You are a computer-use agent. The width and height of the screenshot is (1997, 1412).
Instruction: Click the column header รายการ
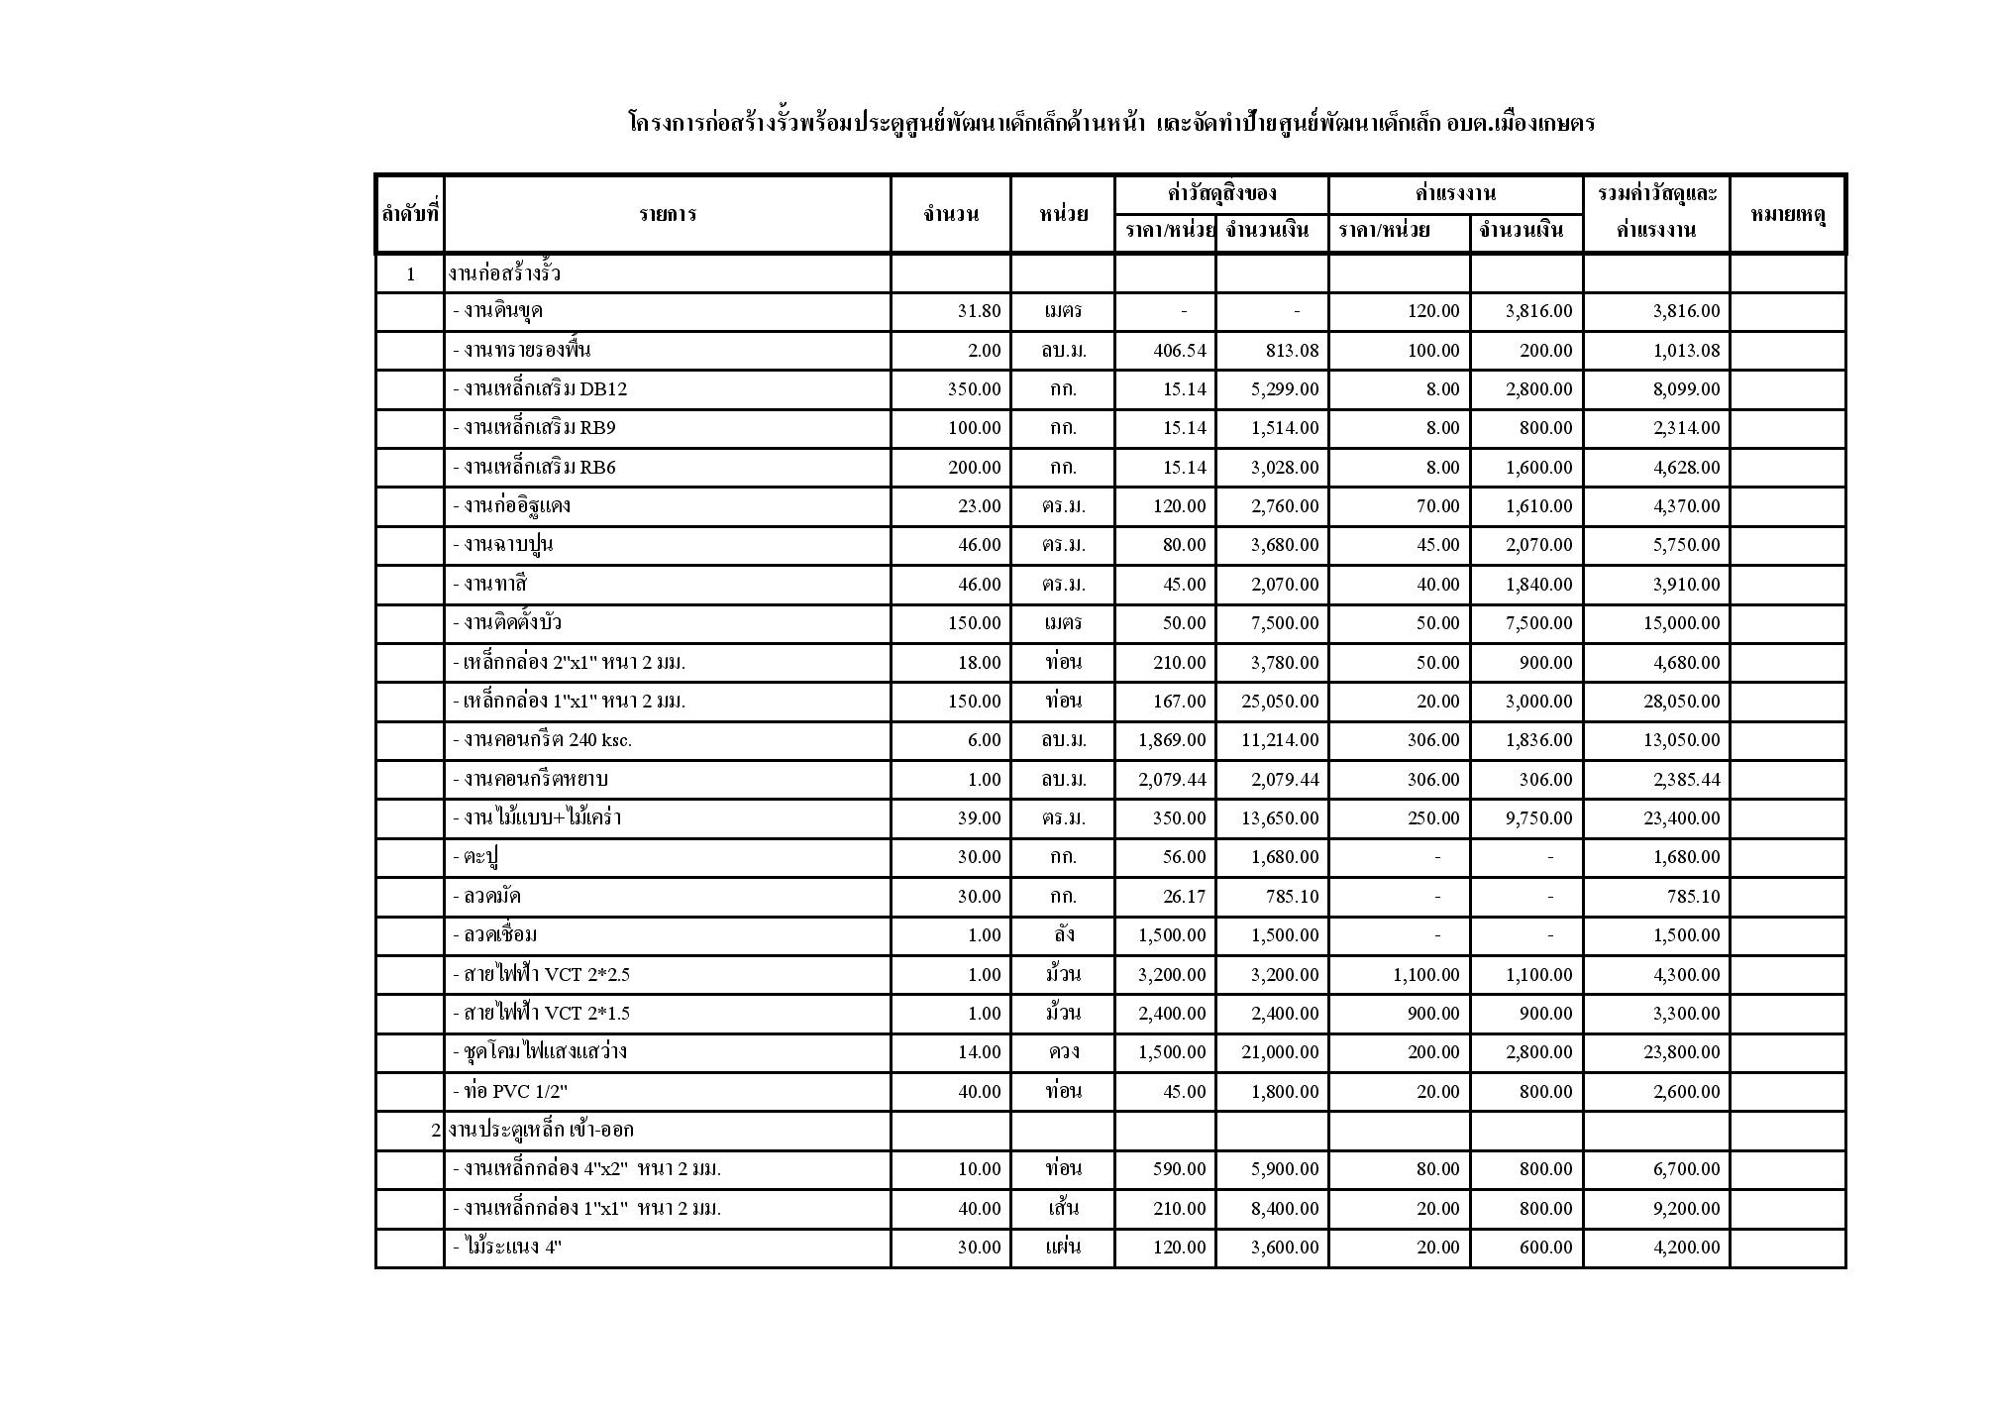click(x=667, y=213)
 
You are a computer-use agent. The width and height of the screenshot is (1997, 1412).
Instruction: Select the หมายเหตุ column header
click(x=1787, y=213)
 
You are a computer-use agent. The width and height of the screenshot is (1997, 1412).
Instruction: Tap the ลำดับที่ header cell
click(x=410, y=213)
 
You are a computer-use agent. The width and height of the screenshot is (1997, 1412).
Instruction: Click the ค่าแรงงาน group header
click(x=1455, y=193)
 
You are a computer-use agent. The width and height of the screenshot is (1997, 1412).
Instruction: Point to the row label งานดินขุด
click(x=497, y=311)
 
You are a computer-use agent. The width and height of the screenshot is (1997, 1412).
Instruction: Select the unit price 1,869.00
click(x=1172, y=740)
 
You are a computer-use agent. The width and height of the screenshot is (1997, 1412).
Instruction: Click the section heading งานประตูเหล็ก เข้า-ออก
click(x=540, y=1131)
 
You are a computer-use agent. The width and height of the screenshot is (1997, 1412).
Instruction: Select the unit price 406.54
click(x=1180, y=351)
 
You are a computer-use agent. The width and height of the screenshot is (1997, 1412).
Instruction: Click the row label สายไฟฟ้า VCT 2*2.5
click(x=541, y=975)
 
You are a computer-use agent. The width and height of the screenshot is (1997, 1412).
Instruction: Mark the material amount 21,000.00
click(x=1280, y=1052)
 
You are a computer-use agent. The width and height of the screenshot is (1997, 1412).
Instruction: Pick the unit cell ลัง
click(x=1063, y=935)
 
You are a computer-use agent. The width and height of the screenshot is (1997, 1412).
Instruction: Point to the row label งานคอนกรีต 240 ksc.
click(x=542, y=740)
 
